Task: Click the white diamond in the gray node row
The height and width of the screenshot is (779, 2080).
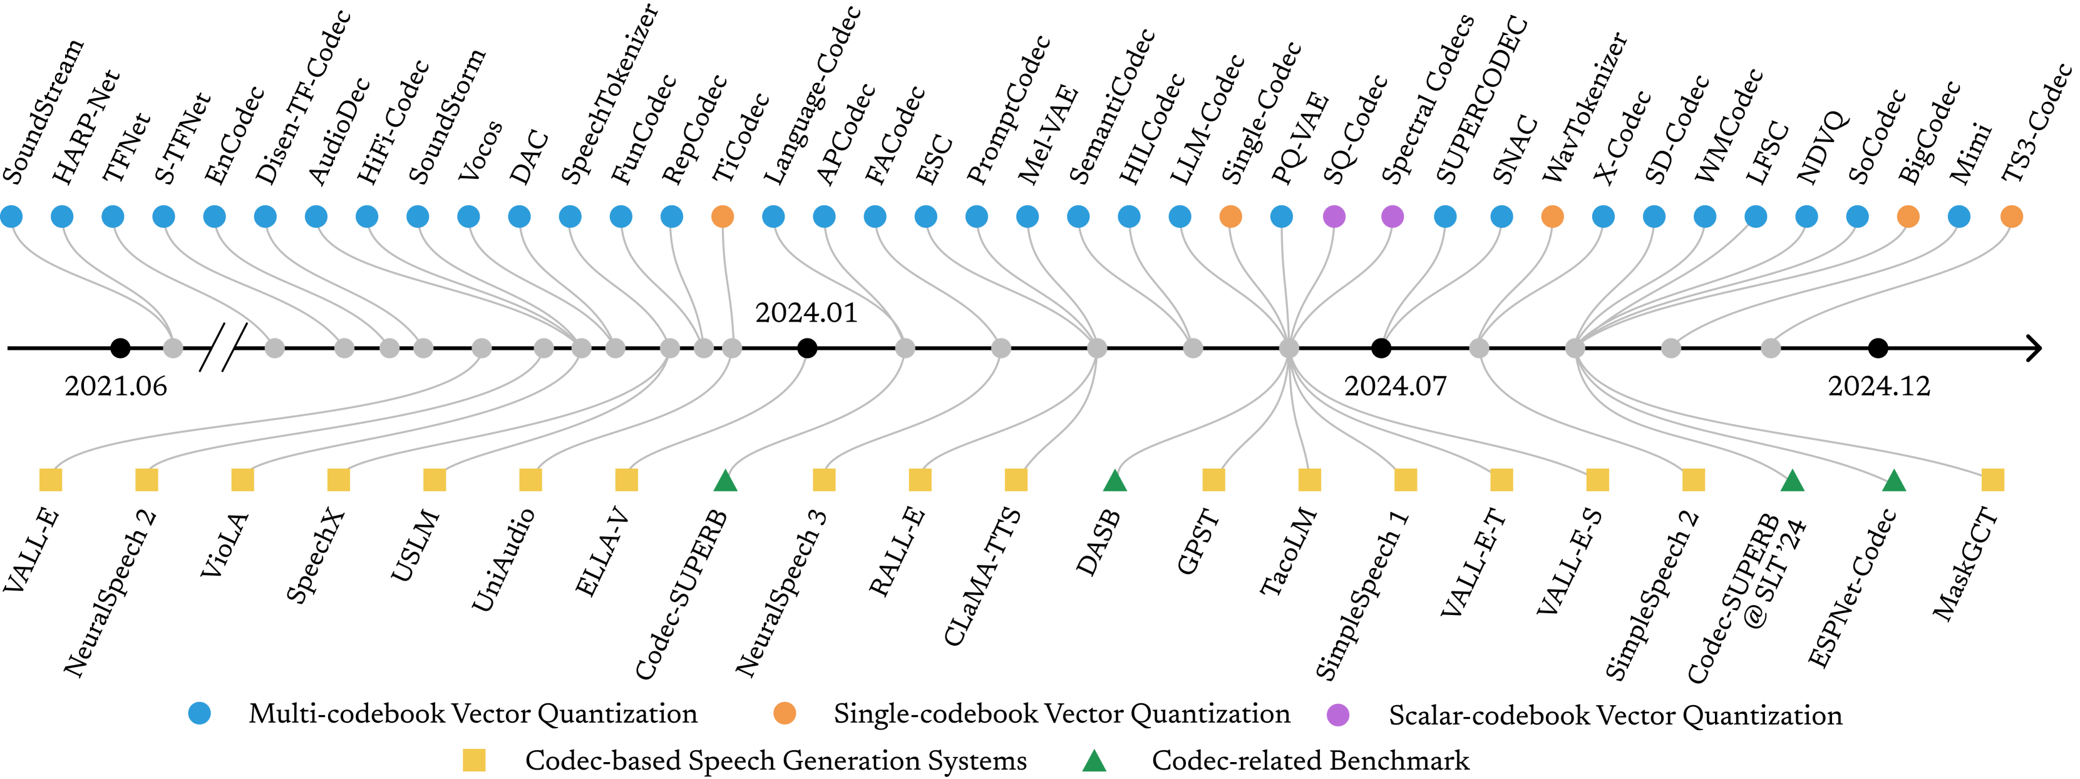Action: click(224, 345)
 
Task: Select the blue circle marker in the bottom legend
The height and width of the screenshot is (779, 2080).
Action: click(200, 713)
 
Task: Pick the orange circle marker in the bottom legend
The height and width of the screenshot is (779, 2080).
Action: click(784, 713)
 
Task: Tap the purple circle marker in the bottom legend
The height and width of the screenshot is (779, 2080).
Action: click(1337, 715)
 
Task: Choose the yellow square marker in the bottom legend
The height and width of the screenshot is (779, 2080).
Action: click(474, 760)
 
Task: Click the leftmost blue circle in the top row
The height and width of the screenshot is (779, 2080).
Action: click(11, 216)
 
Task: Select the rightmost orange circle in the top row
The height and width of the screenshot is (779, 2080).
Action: click(2010, 216)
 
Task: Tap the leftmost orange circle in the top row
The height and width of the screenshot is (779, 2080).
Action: click(723, 216)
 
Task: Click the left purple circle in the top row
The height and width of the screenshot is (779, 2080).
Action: click(1334, 216)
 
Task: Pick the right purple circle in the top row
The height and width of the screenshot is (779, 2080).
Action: click(1392, 216)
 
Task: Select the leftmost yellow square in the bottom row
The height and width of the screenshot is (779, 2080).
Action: click(51, 479)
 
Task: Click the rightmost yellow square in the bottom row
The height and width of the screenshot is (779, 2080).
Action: click(1992, 479)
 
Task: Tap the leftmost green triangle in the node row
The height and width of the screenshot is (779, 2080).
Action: click(725, 481)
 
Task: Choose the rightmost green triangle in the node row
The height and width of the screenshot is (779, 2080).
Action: click(1893, 481)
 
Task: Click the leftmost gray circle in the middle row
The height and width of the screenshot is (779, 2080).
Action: click(173, 348)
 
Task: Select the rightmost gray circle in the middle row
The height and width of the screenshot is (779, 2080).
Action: click(1770, 348)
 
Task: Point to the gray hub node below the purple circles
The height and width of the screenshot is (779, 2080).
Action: click(1289, 348)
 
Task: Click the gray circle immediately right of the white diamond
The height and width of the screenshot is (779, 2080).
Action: click(274, 348)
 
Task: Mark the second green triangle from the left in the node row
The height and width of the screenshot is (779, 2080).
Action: click(1115, 481)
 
